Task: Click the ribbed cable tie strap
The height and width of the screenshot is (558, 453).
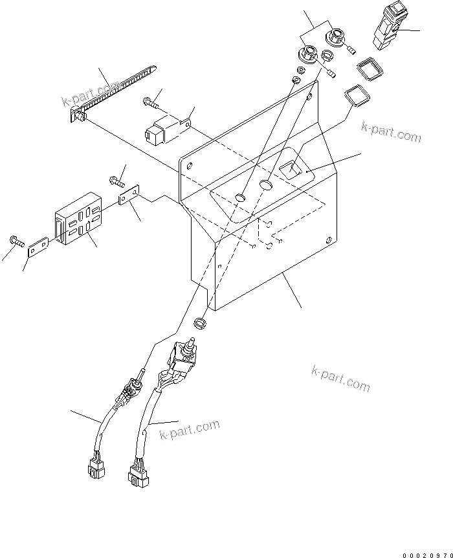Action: pyautogui.click(x=113, y=92)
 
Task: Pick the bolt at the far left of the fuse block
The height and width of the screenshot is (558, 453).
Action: pyautogui.click(x=16, y=242)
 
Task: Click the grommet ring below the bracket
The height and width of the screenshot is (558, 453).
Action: pyautogui.click(x=201, y=321)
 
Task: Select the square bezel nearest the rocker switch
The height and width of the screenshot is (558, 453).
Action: pyautogui.click(x=367, y=69)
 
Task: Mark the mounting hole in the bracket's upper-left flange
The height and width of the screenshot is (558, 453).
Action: pyautogui.click(x=189, y=166)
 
